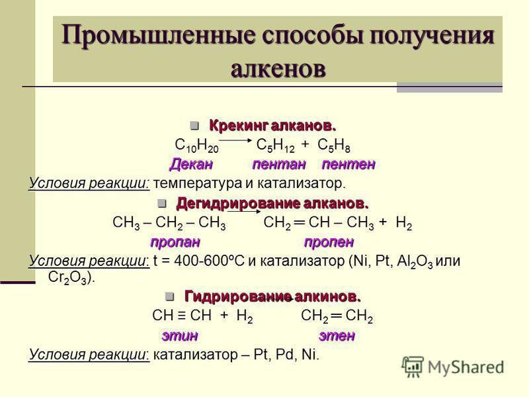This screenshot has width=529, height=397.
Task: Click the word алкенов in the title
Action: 278,69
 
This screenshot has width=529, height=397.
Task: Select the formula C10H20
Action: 196,146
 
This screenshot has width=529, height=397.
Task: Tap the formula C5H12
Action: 275,146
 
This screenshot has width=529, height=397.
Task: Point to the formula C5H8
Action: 334,146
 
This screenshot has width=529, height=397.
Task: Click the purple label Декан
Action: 191,164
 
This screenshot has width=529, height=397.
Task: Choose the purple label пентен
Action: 348,164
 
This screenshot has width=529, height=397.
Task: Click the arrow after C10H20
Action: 233,140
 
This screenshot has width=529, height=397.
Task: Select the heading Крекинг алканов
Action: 272,126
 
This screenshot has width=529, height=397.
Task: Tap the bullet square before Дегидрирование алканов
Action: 162,203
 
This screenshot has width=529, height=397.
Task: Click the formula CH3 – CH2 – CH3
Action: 169,223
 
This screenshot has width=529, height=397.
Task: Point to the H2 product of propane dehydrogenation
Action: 404,223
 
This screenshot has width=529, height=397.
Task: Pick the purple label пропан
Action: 175,242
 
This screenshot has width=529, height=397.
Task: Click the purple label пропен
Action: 329,242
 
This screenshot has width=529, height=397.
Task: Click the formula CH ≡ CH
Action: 182,316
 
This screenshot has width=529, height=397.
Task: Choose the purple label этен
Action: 337,335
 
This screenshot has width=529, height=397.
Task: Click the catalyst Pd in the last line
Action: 285,355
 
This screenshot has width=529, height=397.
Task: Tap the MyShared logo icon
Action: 413,367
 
